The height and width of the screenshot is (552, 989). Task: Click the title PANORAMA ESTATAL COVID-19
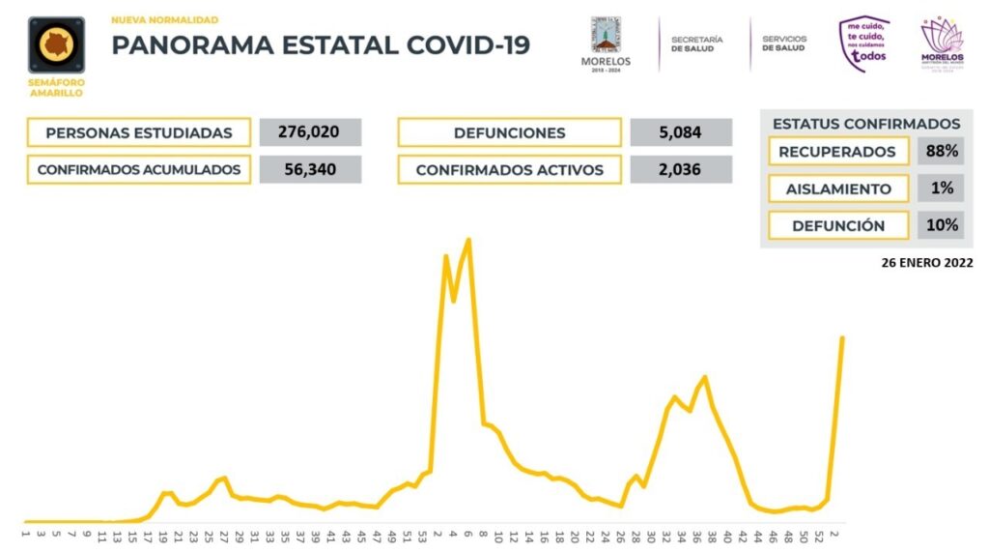pyautogui.click(x=321, y=45)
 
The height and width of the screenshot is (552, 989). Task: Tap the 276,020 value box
pyautogui.click(x=310, y=132)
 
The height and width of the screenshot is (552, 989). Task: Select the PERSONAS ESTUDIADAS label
pyautogui.click(x=139, y=132)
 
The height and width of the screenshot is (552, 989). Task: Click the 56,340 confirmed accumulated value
pyautogui.click(x=310, y=169)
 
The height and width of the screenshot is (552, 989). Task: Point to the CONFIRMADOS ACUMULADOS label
pyautogui.click(x=139, y=169)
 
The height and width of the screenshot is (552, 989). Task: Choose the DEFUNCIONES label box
pyautogui.click(x=509, y=132)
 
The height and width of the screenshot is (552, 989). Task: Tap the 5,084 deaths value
pyautogui.click(x=680, y=132)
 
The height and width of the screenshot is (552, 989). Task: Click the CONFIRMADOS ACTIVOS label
pyautogui.click(x=509, y=169)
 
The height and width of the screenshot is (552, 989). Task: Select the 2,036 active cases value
pyautogui.click(x=680, y=169)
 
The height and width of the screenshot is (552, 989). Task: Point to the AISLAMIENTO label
pyautogui.click(x=838, y=189)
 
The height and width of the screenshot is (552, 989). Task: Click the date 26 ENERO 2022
pyautogui.click(x=924, y=262)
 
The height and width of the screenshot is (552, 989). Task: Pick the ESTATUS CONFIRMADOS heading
pyautogui.click(x=866, y=124)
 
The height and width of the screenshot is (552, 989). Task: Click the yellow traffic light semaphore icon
pyautogui.click(x=56, y=44)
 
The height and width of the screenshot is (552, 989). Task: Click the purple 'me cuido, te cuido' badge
pyautogui.click(x=863, y=44)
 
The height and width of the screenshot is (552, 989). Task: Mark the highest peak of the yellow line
pyautogui.click(x=468, y=240)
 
